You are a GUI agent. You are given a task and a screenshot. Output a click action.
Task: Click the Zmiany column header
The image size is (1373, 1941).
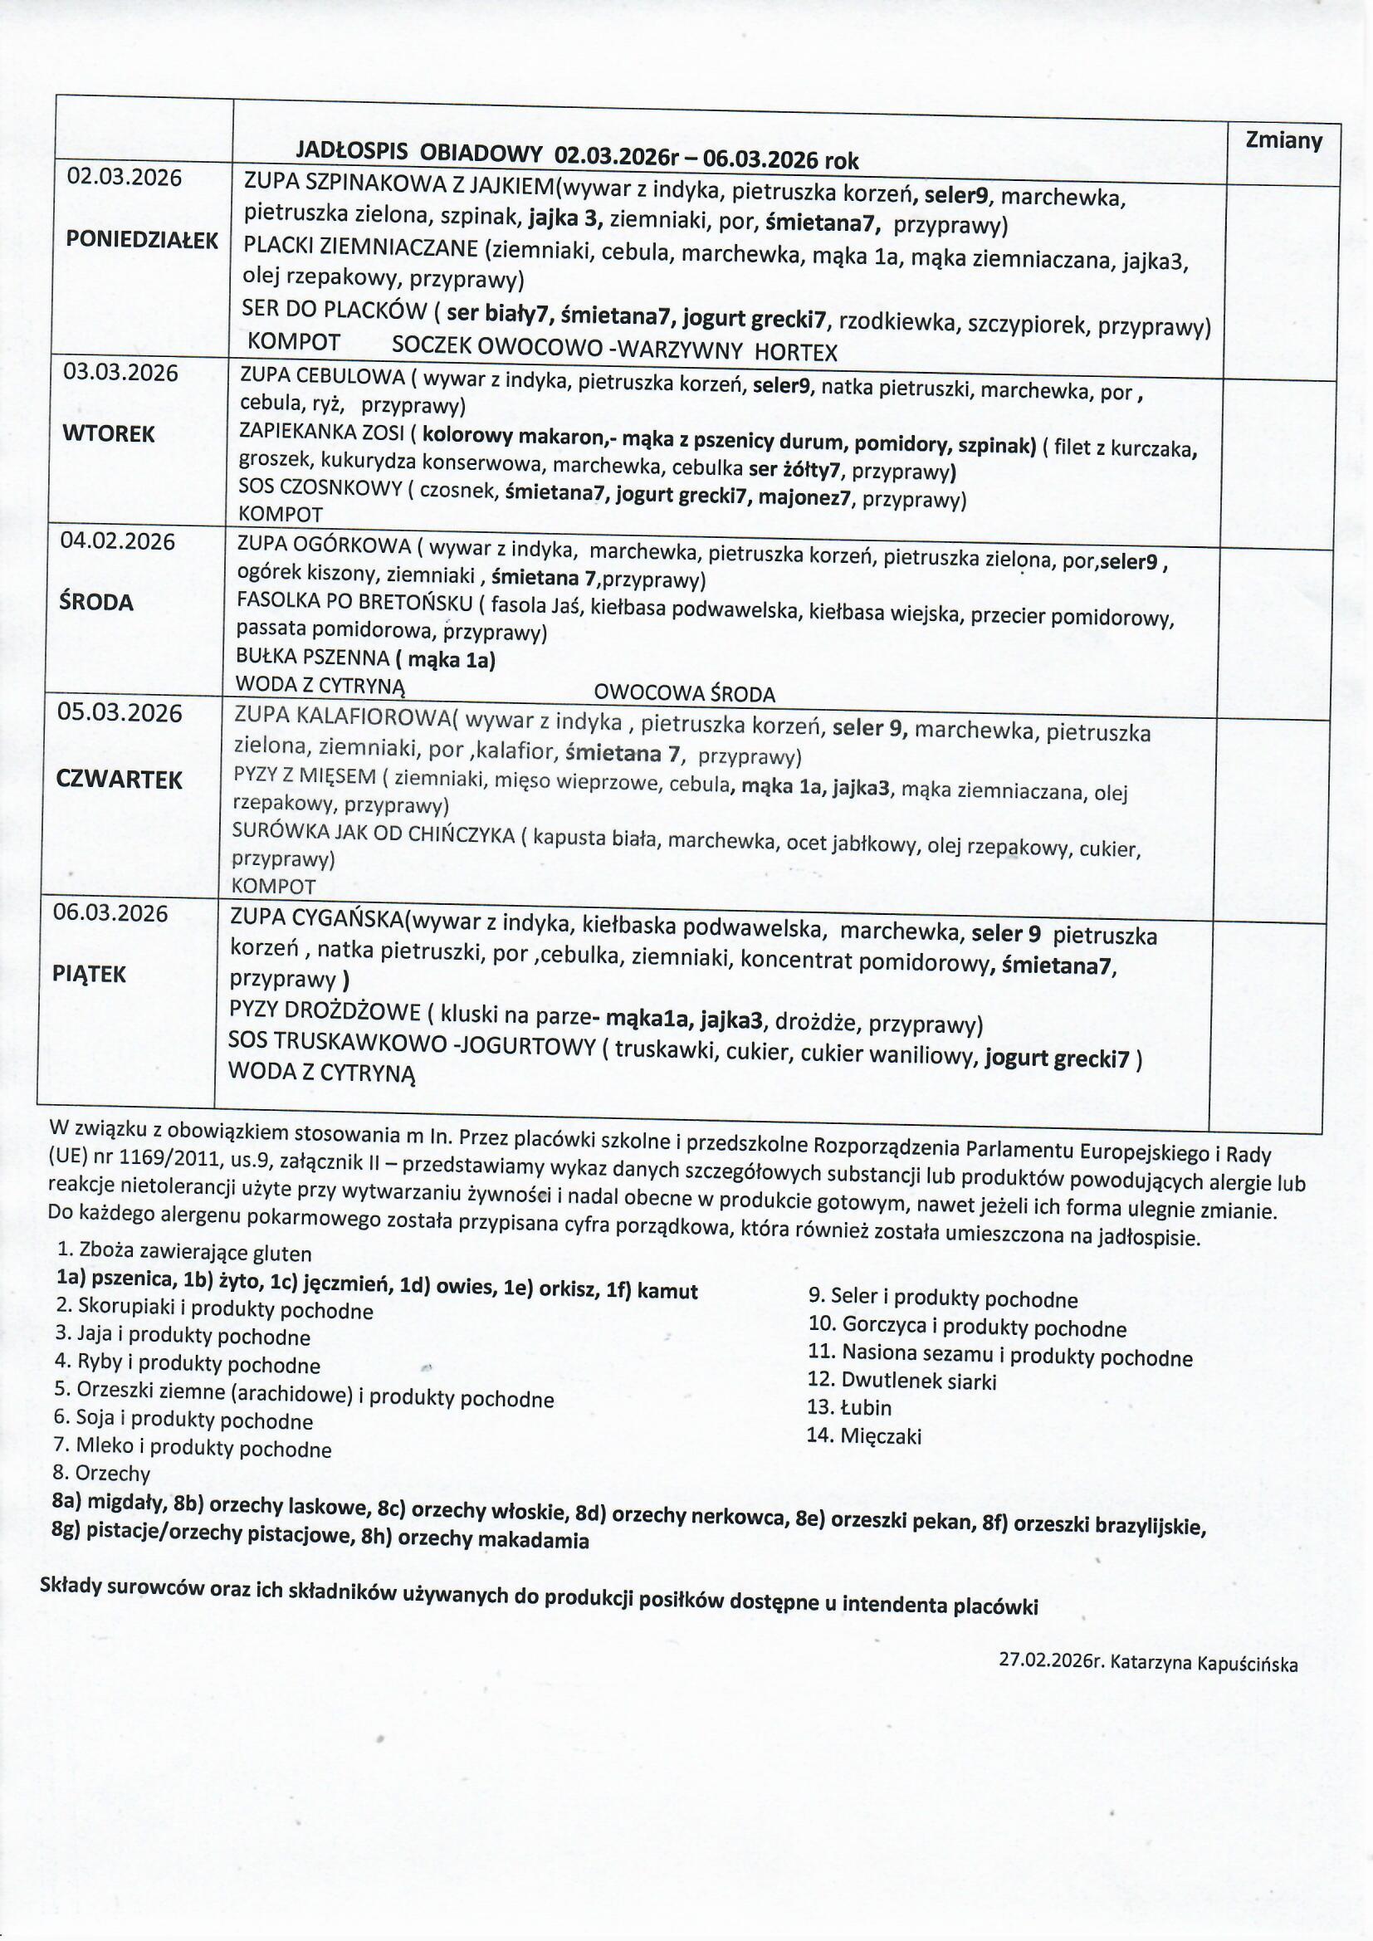pos(1283,140)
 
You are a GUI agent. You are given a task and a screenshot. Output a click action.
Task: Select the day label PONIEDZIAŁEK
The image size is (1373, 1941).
pos(142,240)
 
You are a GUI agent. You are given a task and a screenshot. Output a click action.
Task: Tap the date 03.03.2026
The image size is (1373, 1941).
pos(122,373)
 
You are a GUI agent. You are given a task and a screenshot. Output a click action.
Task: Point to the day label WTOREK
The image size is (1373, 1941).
pos(109,433)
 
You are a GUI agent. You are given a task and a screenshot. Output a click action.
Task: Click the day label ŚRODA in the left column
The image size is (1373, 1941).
pos(96,603)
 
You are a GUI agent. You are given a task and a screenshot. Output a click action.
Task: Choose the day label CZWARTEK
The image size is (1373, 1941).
pos(119,780)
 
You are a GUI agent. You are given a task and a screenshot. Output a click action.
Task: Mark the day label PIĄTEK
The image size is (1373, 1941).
pos(89,975)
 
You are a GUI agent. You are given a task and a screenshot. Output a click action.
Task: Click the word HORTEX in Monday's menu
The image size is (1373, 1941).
pos(795,352)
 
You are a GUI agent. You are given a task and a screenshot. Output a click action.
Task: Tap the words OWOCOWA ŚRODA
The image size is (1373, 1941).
pos(684,694)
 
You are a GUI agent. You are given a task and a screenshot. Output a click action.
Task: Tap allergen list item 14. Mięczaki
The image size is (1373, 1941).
pos(863,1435)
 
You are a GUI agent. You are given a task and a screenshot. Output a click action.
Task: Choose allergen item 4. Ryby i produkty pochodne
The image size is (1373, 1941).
pos(187,1364)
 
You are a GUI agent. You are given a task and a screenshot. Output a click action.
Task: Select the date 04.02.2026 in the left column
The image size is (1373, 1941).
pos(118,541)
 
